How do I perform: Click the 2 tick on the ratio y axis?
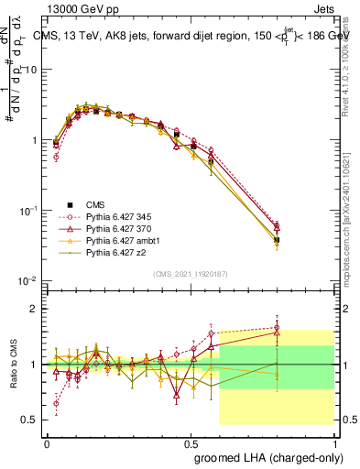[x=36, y=309]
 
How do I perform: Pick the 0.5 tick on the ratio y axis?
[x=31, y=420]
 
